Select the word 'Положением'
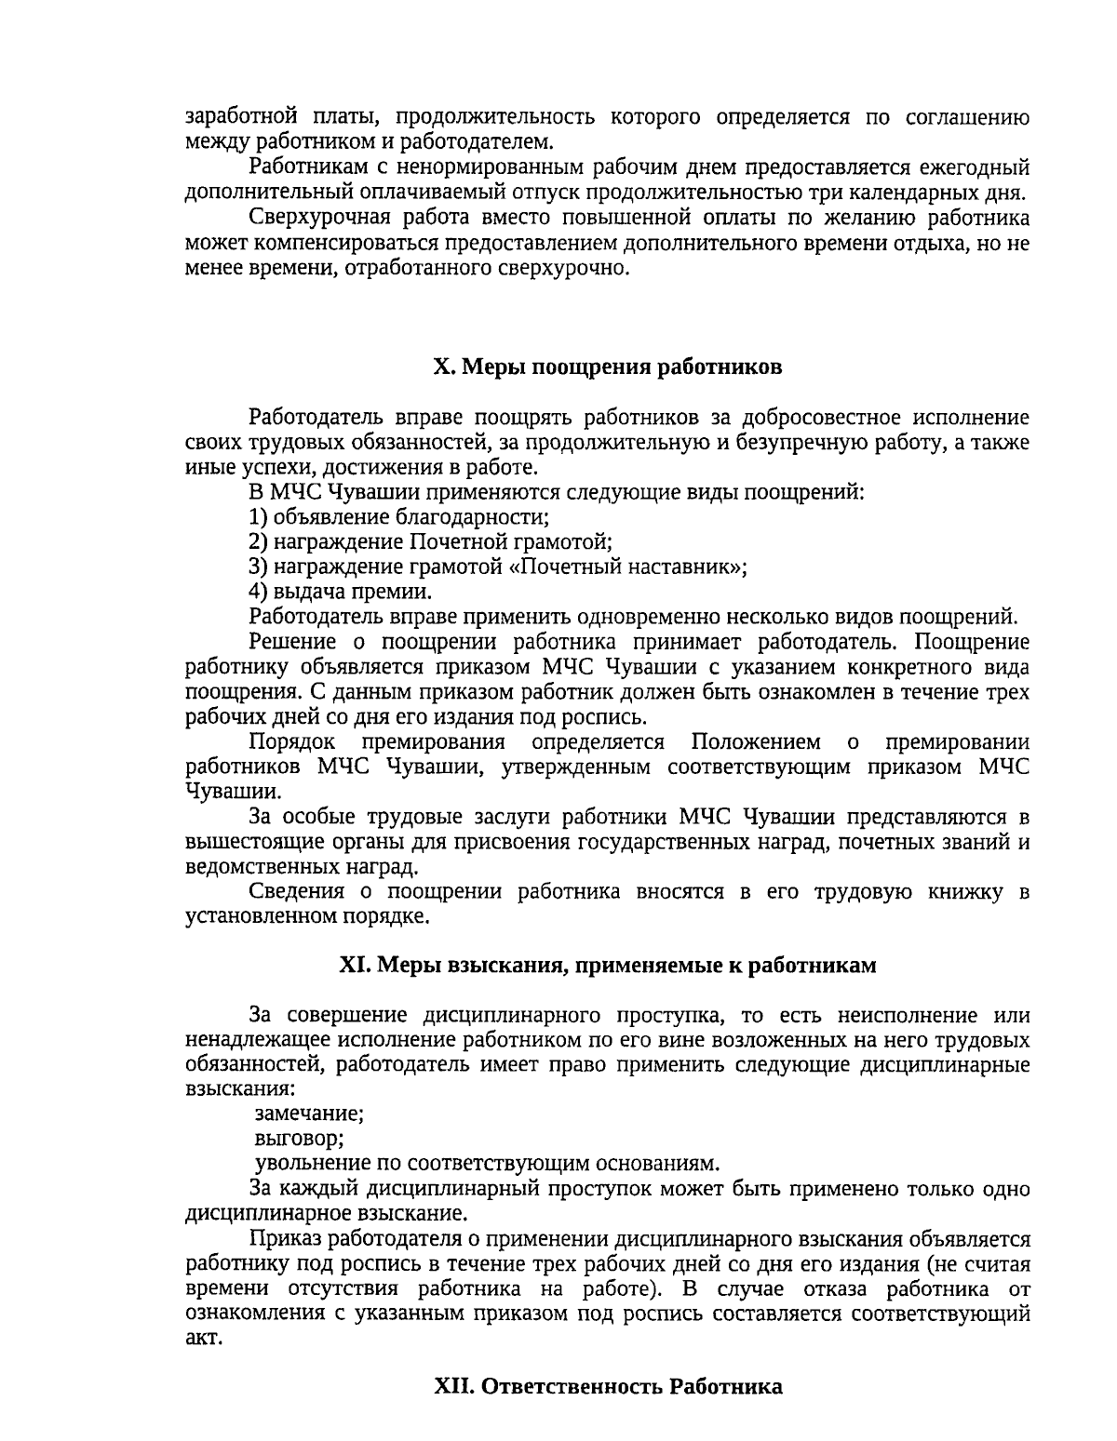pos(756,742)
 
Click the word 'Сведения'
pos(296,892)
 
